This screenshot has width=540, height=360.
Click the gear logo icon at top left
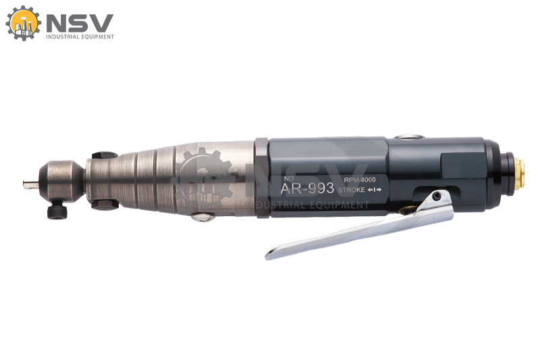coord(23,23)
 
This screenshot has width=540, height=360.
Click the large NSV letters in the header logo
coord(80,23)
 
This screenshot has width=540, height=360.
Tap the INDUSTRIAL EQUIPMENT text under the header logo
coord(80,36)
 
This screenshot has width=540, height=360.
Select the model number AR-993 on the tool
coord(307,188)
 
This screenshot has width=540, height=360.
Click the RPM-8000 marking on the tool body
coord(360,180)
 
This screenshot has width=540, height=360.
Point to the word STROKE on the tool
coord(351,190)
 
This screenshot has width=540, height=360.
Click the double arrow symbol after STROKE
coord(375,190)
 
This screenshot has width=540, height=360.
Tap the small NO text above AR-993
coord(289,178)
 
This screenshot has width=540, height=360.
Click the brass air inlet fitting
coord(519,173)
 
